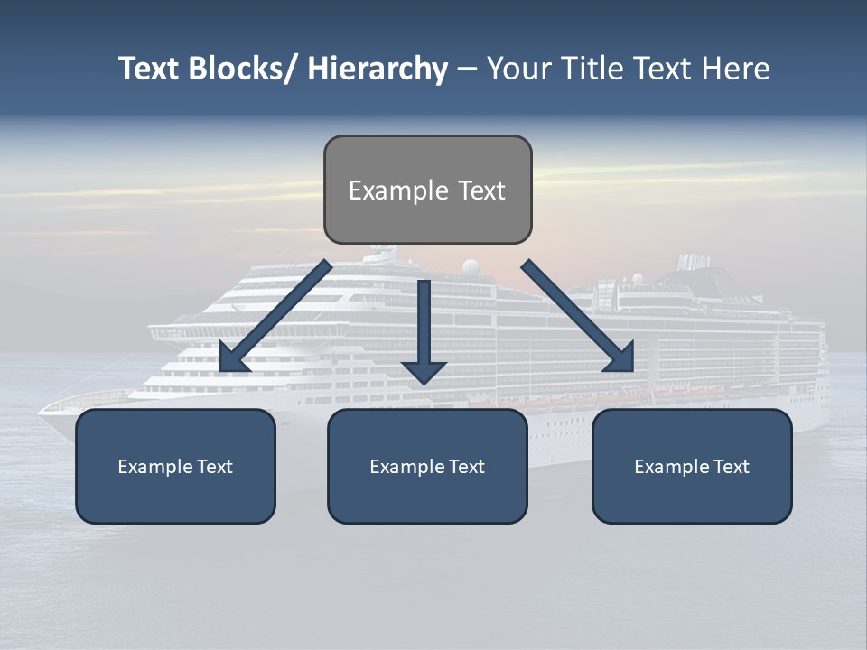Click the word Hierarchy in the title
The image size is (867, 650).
pyautogui.click(x=378, y=69)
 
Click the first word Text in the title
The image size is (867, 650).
pyautogui.click(x=150, y=69)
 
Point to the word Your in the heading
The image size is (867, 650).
pyautogui.click(x=518, y=69)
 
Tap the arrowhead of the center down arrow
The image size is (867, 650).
pyautogui.click(x=424, y=371)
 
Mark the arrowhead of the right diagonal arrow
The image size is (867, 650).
pyautogui.click(x=621, y=358)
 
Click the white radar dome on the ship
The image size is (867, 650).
pyautogui.click(x=471, y=266)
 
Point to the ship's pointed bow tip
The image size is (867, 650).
pyautogui.click(x=40, y=412)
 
